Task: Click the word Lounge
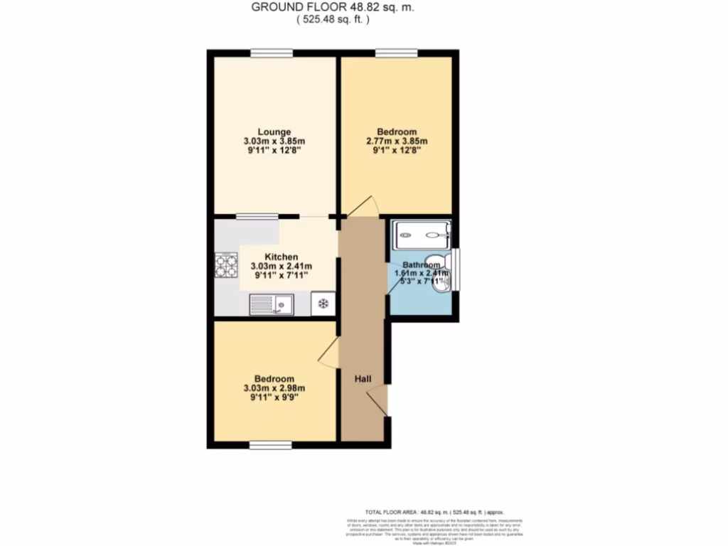274,132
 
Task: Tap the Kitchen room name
281,257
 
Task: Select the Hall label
363,379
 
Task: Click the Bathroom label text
422,264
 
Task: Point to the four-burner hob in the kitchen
227,265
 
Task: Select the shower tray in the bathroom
423,230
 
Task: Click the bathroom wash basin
443,283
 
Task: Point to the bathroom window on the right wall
456,269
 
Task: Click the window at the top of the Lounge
271,52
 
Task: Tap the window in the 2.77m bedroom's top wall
396,52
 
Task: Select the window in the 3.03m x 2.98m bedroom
270,445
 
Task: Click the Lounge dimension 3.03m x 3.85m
274,141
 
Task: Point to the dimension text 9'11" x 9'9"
274,397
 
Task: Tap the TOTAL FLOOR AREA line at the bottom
434,512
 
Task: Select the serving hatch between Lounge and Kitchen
257,216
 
